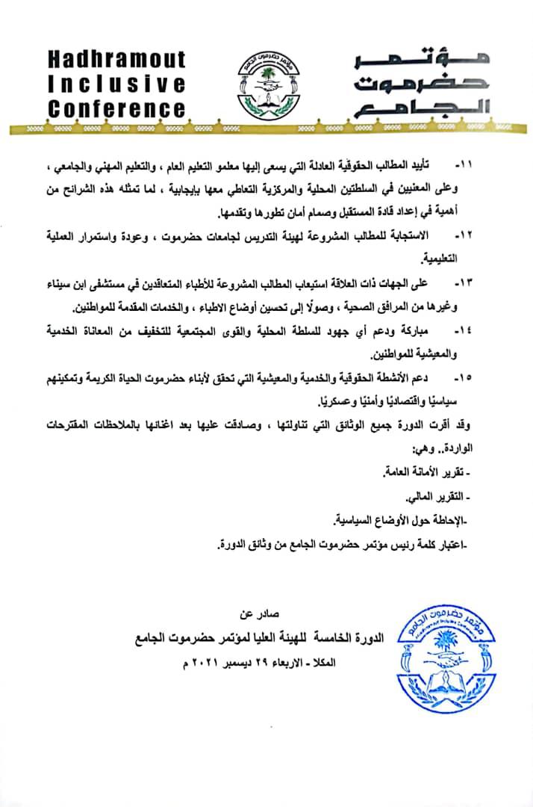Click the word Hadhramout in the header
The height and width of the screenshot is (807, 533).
coord(116,59)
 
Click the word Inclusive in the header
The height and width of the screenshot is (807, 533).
coord(116,83)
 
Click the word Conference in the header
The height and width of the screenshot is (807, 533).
coord(116,108)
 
